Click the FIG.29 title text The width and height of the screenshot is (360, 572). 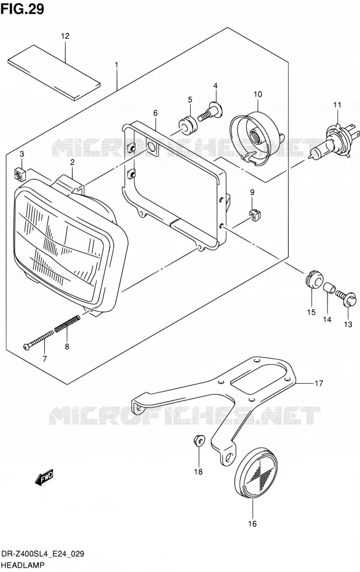(x=22, y=9)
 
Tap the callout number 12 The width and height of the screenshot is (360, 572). (x=65, y=36)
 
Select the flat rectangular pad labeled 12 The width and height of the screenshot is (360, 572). (x=54, y=73)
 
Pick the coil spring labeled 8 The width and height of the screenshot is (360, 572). (x=67, y=323)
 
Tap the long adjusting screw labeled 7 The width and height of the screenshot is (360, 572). (x=38, y=340)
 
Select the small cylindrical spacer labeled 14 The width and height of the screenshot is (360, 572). (x=329, y=287)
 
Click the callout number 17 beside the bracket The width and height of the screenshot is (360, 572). (x=319, y=383)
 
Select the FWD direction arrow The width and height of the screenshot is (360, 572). (x=44, y=477)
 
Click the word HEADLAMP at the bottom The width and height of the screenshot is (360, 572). (x=23, y=565)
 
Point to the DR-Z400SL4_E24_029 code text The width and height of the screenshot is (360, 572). (x=43, y=554)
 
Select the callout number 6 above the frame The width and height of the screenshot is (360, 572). (x=156, y=113)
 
